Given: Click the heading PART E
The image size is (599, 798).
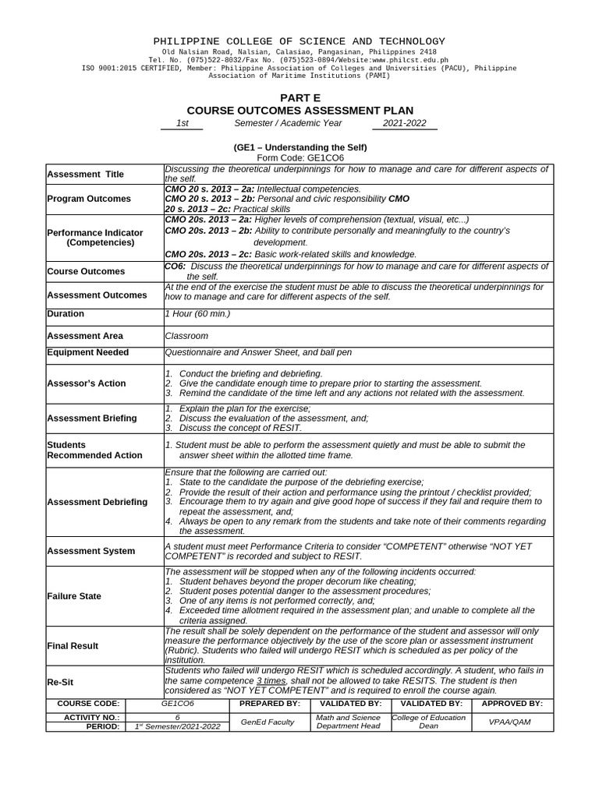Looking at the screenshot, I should click(299, 97).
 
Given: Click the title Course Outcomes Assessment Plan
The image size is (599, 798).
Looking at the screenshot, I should click(299, 111).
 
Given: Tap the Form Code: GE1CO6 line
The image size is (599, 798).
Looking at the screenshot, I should click(300, 157).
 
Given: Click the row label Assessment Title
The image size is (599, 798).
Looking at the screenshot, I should click(85, 175).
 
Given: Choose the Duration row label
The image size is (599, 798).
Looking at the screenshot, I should click(66, 314).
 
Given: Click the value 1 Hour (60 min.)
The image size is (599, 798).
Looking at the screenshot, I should click(197, 314).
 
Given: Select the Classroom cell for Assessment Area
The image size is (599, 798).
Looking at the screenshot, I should click(186, 336).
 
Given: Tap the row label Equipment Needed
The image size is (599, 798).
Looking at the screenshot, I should click(88, 352).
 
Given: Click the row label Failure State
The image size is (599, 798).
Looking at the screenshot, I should click(74, 596).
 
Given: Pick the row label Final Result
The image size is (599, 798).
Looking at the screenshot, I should click(73, 646).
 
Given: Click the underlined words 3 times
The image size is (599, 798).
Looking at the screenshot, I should click(271, 680).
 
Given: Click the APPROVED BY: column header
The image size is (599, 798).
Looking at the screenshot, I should click(512, 703).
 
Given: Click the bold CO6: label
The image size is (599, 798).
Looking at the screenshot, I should click(175, 267).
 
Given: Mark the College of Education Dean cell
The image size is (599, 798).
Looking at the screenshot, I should click(429, 722).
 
